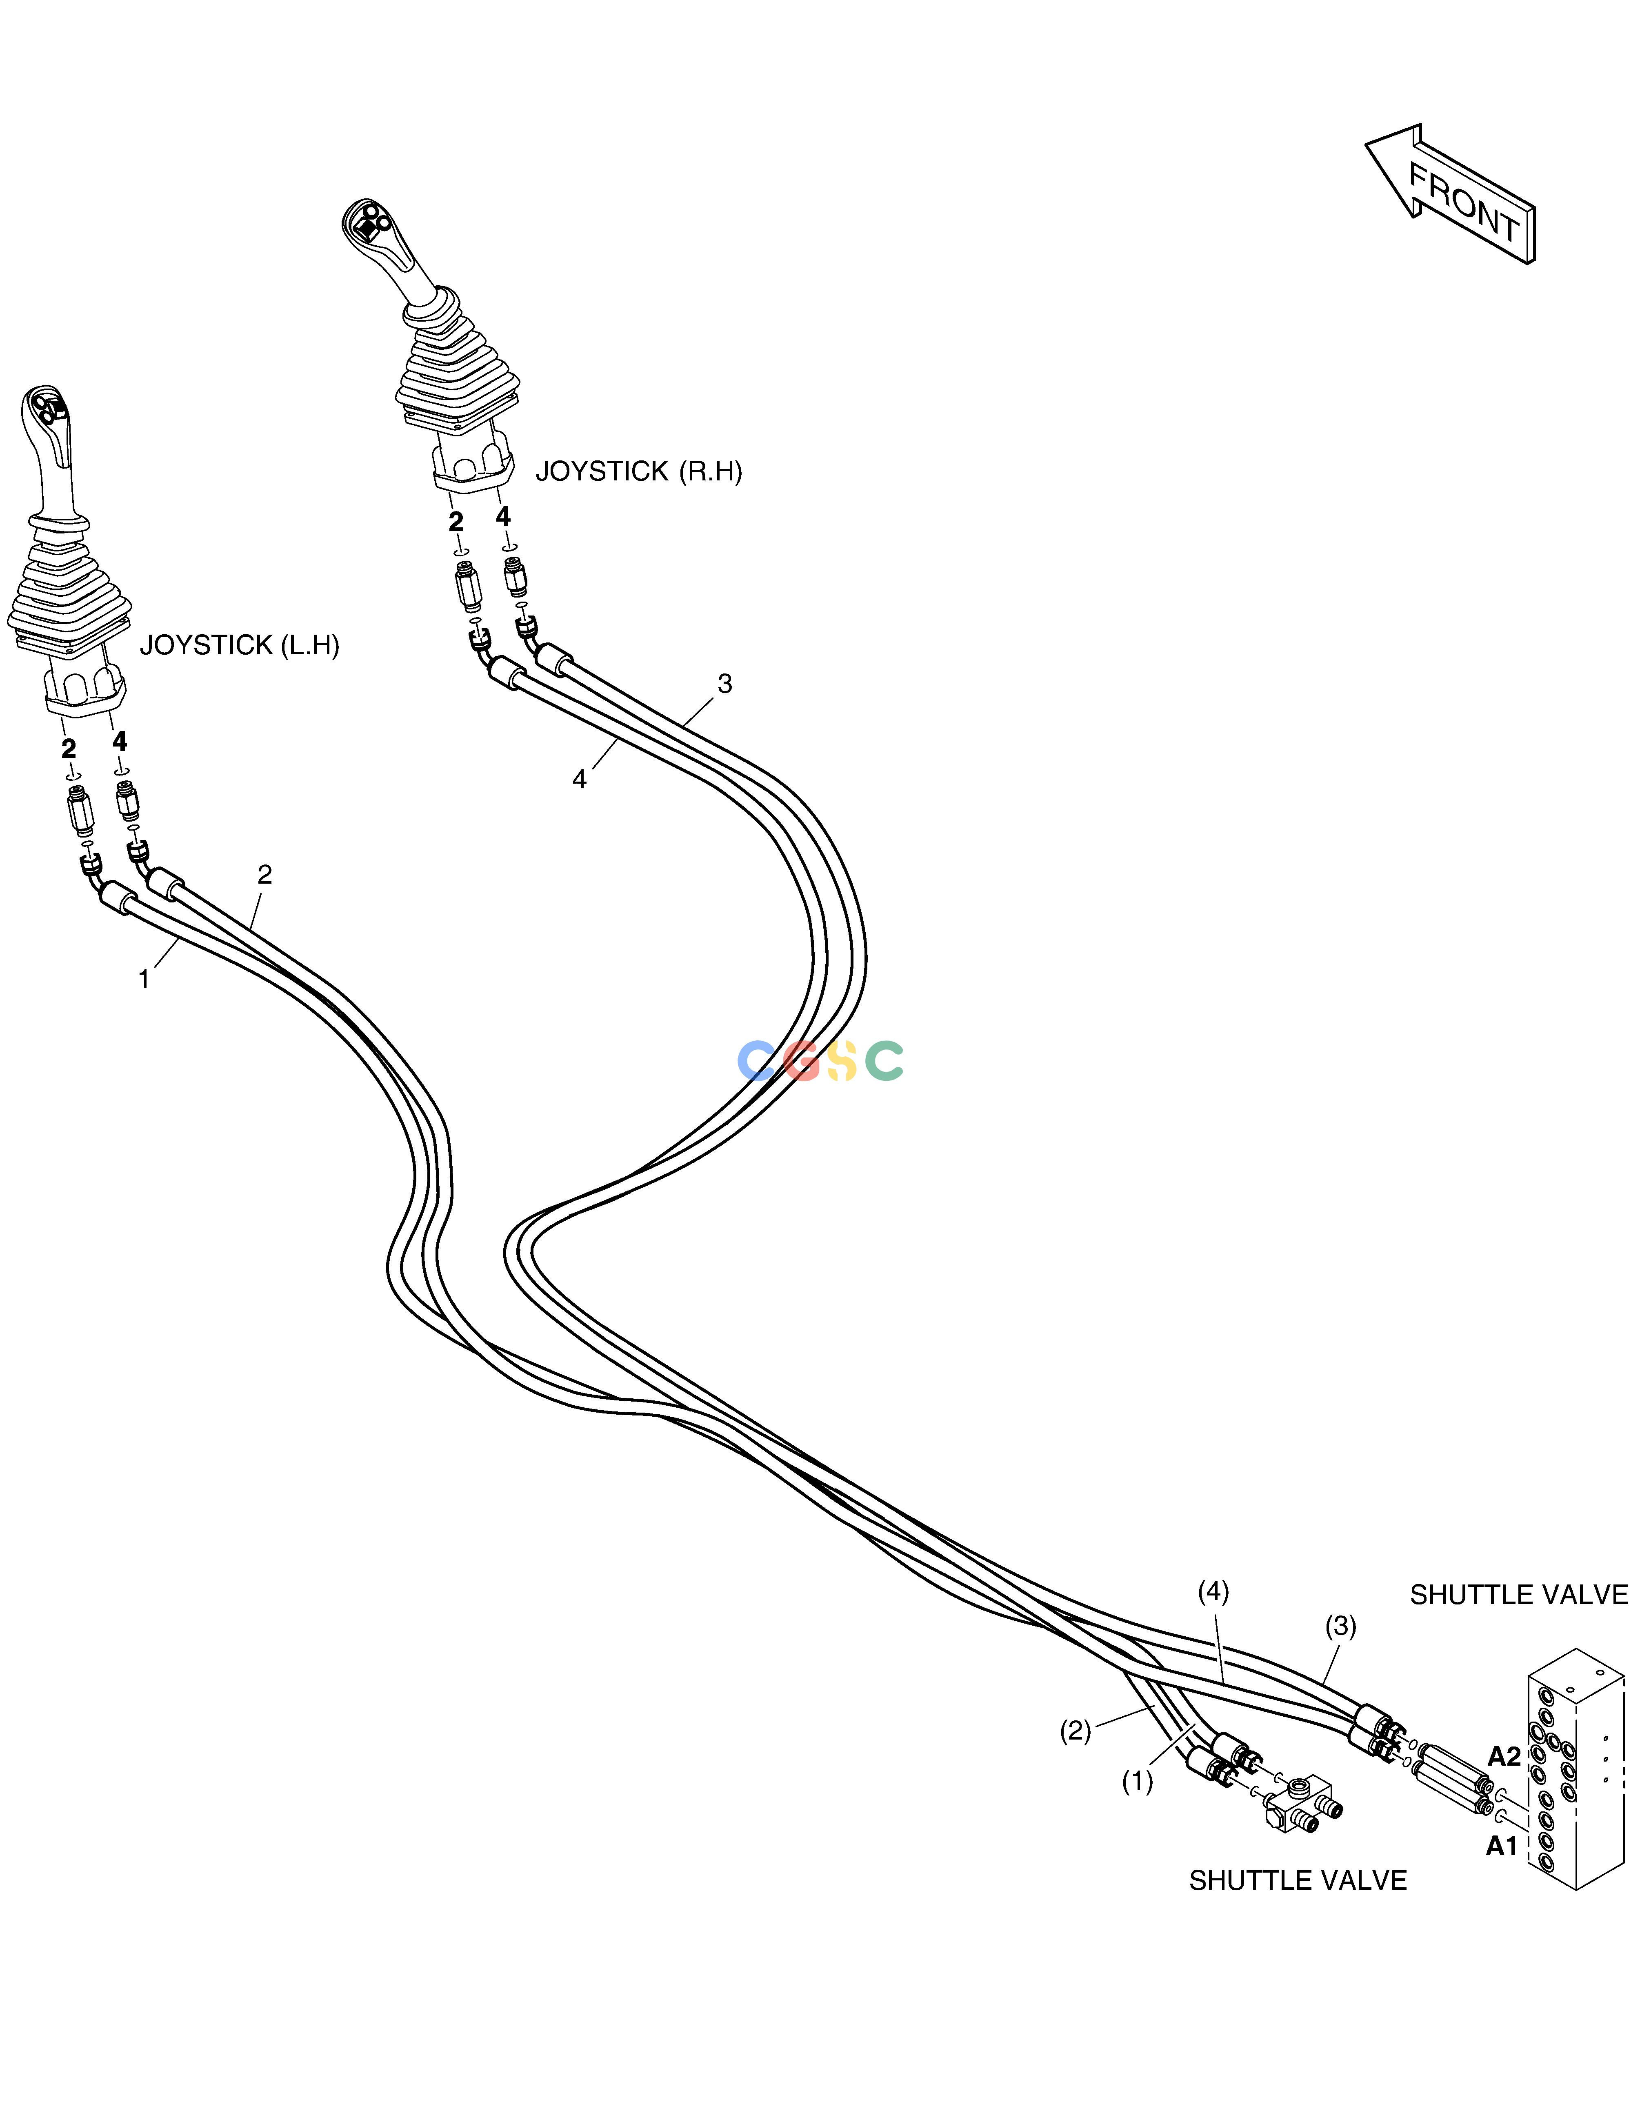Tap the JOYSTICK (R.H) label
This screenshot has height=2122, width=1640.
pyautogui.click(x=638, y=472)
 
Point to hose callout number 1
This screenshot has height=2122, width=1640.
pyautogui.click(x=144, y=980)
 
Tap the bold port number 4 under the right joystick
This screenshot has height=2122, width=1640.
pyautogui.click(x=502, y=516)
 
